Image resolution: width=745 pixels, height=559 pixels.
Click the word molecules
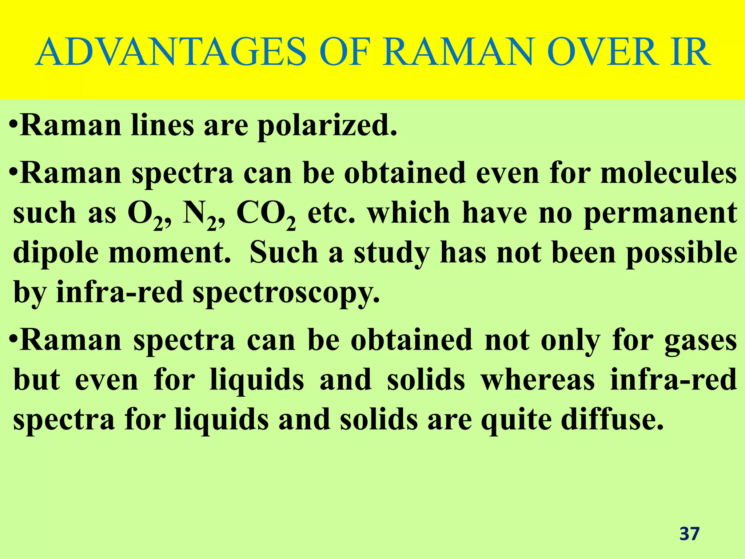[669, 173]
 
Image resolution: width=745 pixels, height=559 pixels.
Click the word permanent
[661, 214]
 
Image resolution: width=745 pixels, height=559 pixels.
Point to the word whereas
[538, 380]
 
